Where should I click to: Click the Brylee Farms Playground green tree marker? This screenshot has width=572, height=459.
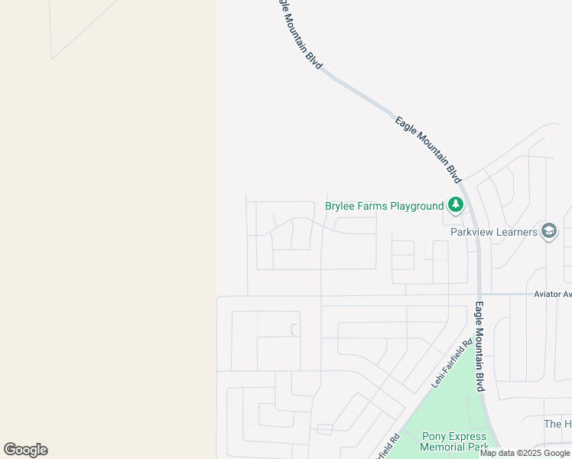(456, 205)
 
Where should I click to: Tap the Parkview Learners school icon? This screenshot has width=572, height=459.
(548, 231)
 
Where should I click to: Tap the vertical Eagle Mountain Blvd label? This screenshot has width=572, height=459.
(479, 347)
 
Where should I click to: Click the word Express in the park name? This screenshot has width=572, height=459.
(467, 436)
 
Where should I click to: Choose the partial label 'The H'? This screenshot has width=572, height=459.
(557, 424)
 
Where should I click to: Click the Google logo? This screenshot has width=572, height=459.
(25, 449)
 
